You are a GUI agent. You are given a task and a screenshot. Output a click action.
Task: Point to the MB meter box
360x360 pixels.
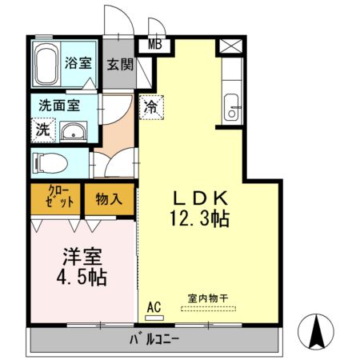click(154, 44)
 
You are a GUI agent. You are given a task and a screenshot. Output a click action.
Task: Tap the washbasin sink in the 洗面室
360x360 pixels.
click(74, 132)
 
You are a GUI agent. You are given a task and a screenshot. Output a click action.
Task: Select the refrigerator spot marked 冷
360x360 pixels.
click(150, 106)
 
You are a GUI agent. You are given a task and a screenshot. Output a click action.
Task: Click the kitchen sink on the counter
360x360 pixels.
click(232, 106)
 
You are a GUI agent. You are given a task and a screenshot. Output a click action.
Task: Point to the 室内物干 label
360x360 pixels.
click(208, 298)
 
